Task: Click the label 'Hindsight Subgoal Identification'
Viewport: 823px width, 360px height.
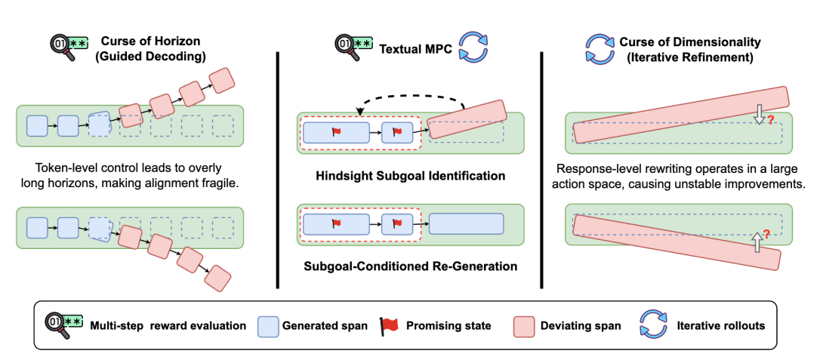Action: (x=411, y=176)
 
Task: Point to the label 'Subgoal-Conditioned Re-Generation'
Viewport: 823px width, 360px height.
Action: (x=411, y=266)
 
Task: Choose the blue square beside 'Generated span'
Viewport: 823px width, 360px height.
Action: (x=269, y=325)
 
